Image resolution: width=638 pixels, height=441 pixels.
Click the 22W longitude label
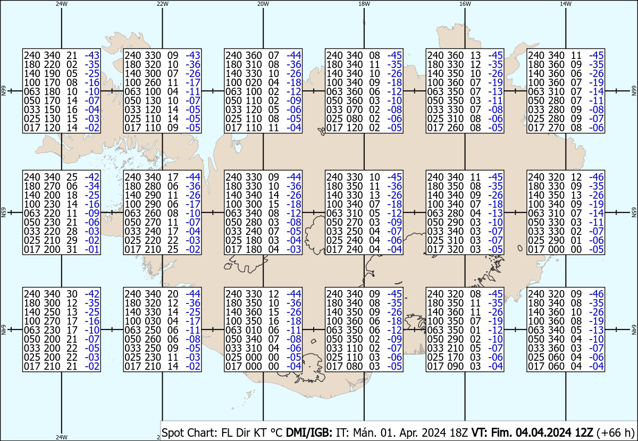click(x=162, y=4)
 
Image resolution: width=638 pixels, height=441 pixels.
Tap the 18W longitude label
click(x=364, y=4)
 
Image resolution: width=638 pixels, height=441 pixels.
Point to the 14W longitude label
click(x=566, y=4)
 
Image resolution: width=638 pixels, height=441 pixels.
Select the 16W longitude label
click(x=465, y=4)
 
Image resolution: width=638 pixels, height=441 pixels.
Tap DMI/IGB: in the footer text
click(x=309, y=432)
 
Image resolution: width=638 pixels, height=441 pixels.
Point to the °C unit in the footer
click(x=276, y=432)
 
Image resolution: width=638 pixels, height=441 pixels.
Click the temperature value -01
click(x=92, y=250)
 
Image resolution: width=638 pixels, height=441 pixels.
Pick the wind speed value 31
click(x=72, y=250)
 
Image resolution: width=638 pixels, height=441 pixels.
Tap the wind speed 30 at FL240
click(x=72, y=294)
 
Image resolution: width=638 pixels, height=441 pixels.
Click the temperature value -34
click(x=92, y=186)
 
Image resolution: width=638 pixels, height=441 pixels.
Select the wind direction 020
click(x=253, y=82)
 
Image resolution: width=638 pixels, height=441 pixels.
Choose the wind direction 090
click(x=454, y=366)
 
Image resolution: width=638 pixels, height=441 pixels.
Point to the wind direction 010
click(x=253, y=330)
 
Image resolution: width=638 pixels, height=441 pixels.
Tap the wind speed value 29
click(x=72, y=241)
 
